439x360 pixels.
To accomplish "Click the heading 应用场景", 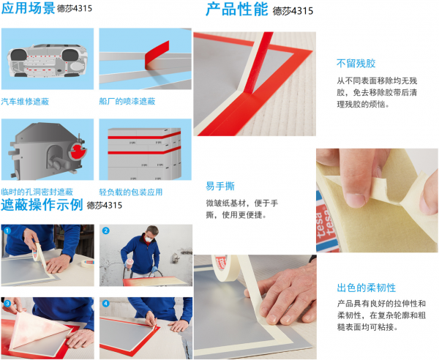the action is tap(28, 8).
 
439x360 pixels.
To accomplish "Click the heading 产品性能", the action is tap(237, 10).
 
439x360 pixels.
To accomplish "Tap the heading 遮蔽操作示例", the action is tap(42, 205).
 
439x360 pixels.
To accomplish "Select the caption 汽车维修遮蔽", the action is tap(25, 101).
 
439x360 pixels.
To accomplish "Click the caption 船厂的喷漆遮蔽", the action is tap(127, 101).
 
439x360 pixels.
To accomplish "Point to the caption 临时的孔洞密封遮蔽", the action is tap(37, 192).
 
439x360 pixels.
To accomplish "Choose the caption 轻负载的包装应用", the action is tap(131, 192).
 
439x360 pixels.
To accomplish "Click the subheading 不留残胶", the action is tap(356, 64).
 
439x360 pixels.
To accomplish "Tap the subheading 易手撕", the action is tap(220, 186).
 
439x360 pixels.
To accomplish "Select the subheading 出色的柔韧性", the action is tap(367, 288).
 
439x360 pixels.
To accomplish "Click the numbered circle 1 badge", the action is tap(7, 231).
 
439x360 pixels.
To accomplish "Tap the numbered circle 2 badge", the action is tap(105, 231).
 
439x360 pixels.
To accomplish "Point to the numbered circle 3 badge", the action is tap(7, 304).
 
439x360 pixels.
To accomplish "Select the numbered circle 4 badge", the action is tap(105, 304).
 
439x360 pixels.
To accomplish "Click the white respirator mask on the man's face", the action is tap(149, 239).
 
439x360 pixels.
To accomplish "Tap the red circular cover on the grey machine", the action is tap(78, 151).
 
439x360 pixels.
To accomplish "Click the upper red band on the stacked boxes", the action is tap(144, 136).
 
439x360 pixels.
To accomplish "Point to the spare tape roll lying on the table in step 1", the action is tap(88, 263).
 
